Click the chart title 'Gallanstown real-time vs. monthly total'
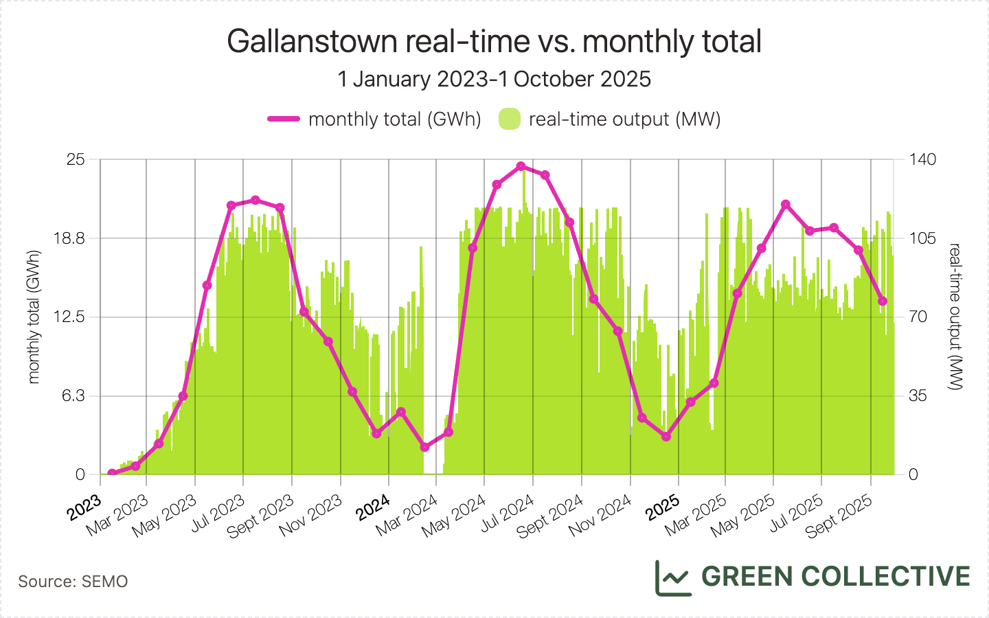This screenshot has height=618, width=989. coord(494,41)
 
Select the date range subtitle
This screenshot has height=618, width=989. coord(494,79)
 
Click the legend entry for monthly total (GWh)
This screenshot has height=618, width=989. coord(375,119)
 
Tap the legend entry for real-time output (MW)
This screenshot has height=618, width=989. coord(611,119)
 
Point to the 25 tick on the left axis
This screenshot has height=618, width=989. coord(76,159)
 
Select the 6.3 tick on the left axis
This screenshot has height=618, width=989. coord(74,396)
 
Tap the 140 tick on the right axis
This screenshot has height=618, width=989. coord(922,159)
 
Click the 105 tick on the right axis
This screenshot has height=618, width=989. coord(922,238)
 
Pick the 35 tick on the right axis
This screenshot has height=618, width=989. coord(918,396)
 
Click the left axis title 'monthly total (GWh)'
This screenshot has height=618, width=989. coord(34,317)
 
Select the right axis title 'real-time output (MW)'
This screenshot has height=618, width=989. coord(954,317)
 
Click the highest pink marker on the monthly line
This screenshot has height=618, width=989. coord(521,166)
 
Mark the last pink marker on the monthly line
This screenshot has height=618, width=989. coord(883,301)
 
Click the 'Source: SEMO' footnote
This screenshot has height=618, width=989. coord(73,582)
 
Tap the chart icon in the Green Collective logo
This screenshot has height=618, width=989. coord(672,577)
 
